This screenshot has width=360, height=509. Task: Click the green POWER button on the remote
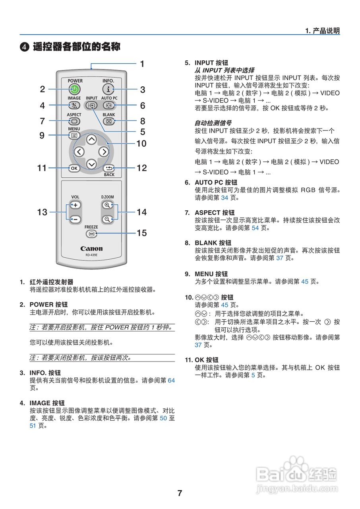click(74, 89)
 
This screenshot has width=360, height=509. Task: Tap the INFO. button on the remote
click(108, 89)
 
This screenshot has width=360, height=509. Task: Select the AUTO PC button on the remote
click(108, 105)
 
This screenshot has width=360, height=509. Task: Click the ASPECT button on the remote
click(74, 121)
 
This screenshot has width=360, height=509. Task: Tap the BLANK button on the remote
click(108, 121)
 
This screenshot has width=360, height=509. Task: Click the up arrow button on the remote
click(91, 139)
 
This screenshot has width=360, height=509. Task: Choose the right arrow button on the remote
click(104, 152)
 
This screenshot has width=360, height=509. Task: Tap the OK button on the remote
click(74, 168)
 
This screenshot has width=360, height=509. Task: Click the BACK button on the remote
click(109, 168)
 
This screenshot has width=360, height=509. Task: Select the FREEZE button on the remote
click(91, 234)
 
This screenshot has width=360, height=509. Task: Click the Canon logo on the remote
click(91, 249)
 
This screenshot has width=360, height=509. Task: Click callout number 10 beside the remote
click(141, 144)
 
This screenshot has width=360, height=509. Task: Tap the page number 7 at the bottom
click(180, 493)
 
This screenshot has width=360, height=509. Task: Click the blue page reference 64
click(171, 381)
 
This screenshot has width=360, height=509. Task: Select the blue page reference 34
click(225, 198)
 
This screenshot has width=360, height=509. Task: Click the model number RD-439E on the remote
click(91, 255)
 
